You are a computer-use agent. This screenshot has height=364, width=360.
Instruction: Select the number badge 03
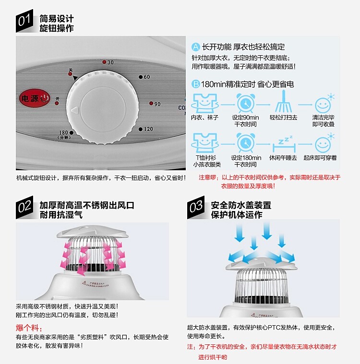tap(196, 208)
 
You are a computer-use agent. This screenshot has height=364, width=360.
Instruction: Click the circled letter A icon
tap(196, 47)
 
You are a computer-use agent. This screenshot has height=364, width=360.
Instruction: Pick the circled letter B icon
tap(196, 84)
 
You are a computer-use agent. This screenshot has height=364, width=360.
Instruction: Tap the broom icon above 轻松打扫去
tap(284, 102)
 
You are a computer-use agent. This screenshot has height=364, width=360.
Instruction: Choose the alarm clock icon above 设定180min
tap(246, 143)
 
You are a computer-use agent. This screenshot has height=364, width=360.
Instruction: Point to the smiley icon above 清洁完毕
tap(323, 103)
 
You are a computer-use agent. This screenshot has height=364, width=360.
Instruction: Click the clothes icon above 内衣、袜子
tap(204, 102)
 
